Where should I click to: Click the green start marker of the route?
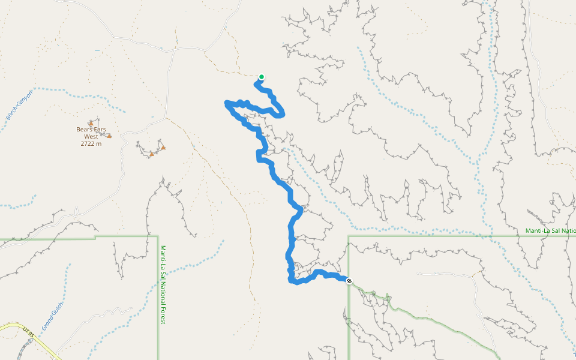click(262, 77)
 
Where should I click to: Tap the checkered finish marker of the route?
click(349, 280)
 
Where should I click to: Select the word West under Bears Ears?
click(91, 137)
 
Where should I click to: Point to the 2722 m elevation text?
click(91, 144)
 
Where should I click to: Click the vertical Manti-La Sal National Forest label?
click(162, 284)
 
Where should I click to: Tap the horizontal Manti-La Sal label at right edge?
click(550, 231)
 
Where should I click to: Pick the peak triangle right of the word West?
click(109, 136)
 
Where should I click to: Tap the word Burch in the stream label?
click(11, 112)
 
